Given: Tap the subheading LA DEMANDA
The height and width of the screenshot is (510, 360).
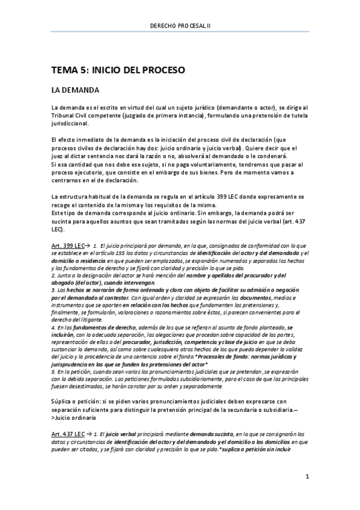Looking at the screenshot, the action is point(75,90).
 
